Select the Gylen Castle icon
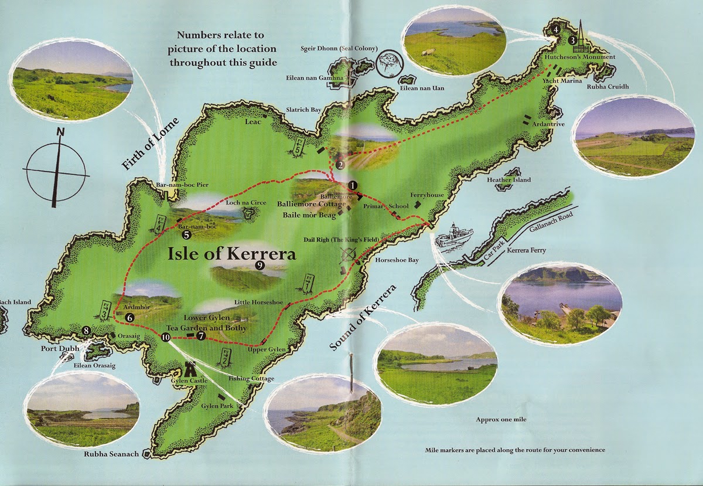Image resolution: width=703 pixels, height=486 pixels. coord(190,370)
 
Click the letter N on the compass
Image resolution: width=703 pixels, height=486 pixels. coord(60,133)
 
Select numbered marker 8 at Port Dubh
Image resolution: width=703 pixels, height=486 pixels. coord(87,331)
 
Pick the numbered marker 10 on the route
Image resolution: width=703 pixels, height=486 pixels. coord(166,338)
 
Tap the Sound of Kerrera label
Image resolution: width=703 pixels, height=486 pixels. coord(363,318)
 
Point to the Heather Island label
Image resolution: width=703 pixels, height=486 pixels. coord(509,180)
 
